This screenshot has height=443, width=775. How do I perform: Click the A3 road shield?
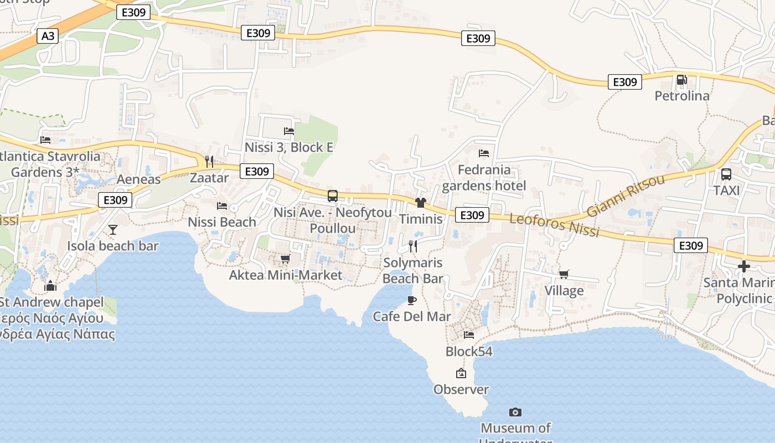pyautogui.click(x=48, y=36)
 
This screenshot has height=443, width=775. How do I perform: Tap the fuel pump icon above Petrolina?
pyautogui.click(x=681, y=80)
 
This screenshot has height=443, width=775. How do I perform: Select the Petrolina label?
pyautogui.click(x=681, y=96)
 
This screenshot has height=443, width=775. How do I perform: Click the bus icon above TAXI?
pyautogui.click(x=726, y=174)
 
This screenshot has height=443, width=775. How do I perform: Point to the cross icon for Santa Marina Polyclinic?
pyautogui.click(x=743, y=266)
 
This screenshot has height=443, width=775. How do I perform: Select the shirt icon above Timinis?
pyautogui.click(x=421, y=203)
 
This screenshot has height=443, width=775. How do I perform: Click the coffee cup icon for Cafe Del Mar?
pyautogui.click(x=411, y=300)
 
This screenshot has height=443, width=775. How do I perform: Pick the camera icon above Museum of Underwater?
pyautogui.click(x=515, y=412)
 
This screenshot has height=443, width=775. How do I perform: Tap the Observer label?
pyautogui.click(x=461, y=389)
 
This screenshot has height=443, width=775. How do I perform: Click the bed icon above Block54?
pyautogui.click(x=468, y=334)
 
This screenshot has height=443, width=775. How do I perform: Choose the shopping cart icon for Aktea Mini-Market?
pyautogui.click(x=285, y=259)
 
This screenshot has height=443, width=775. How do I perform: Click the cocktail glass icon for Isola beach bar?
pyautogui.click(x=113, y=229)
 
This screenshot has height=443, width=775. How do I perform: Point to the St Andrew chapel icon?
pyautogui.click(x=50, y=286)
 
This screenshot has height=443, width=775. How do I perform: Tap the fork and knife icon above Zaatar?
pyautogui.click(x=209, y=161)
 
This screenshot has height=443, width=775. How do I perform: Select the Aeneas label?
pyautogui.click(x=138, y=179)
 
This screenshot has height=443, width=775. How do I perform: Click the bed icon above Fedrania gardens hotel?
pyautogui.click(x=484, y=153)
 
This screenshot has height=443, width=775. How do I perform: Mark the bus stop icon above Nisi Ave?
pyautogui.click(x=332, y=195)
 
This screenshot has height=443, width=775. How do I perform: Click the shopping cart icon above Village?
pyautogui.click(x=564, y=274)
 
